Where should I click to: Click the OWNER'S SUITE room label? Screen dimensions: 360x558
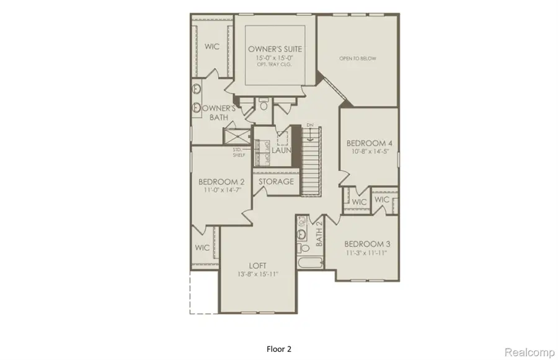[270, 48]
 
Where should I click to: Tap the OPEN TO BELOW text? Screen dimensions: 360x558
[358, 59]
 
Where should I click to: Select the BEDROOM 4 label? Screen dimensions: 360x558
[368, 143]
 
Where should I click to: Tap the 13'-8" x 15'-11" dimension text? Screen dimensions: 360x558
[258, 274]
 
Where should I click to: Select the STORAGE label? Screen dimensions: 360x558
[276, 182]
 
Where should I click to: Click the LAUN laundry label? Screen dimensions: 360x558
[281, 150]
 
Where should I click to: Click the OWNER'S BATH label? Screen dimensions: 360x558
[217, 112]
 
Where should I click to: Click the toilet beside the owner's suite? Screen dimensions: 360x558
[263, 107]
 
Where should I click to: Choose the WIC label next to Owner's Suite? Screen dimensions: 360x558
[213, 47]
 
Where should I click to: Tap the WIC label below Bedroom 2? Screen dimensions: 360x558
[203, 247]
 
